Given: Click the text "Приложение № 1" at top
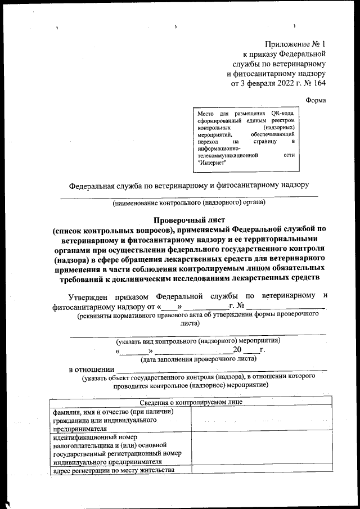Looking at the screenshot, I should click(295, 43).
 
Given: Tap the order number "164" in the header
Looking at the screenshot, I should click(319, 84).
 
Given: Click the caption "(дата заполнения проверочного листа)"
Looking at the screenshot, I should click(198, 358).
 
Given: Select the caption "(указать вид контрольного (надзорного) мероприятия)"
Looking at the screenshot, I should click(198, 341).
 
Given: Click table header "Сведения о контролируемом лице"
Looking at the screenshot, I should click(190, 403).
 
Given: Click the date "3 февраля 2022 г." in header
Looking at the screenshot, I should click(268, 84).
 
